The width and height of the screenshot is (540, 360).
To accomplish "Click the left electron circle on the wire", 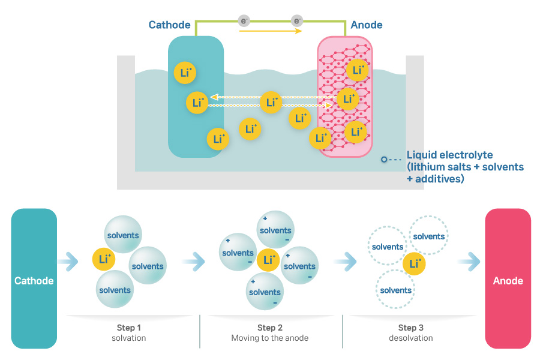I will (244, 21).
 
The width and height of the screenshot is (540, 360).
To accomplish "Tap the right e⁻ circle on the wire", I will (296, 21).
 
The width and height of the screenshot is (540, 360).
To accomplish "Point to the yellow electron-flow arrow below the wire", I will (270, 31).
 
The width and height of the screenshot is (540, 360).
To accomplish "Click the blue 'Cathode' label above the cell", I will (169, 25).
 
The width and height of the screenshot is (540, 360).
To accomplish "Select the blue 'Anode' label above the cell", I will (366, 25).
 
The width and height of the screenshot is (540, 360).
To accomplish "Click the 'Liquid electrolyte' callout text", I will (449, 155).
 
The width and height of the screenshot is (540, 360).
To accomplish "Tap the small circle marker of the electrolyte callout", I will (383, 160).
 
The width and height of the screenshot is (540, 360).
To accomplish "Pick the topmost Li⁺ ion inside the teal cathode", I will (184, 73).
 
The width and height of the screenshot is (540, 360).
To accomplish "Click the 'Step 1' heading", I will (129, 328).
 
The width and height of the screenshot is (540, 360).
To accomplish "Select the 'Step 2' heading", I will (270, 328).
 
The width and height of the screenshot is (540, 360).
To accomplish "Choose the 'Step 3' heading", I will (410, 328).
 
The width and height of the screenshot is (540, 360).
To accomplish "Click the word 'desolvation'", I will (410, 338).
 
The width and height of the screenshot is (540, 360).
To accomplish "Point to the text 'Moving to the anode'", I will (270, 338).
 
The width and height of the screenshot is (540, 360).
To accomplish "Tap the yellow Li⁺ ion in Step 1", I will (104, 260).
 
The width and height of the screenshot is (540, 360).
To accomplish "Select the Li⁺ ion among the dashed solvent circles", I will (413, 263).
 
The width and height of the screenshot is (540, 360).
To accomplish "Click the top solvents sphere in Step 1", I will (122, 235).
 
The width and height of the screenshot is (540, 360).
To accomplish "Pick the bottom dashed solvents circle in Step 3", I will (395, 290).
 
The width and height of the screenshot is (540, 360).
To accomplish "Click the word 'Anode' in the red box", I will (508, 281).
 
